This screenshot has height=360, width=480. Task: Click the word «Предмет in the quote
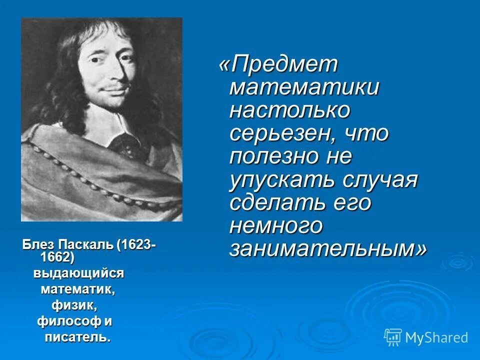tap(279, 65)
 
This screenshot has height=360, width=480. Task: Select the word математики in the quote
tap(304, 88)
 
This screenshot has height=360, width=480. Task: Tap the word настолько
tap(289, 110)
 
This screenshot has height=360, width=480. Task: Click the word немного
tap(276, 225)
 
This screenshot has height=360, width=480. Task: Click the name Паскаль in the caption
tap(86, 246)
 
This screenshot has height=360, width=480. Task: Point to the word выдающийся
tap(78, 273)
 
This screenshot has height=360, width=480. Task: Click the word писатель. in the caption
tap(77, 336)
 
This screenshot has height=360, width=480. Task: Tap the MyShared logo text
tap(436, 337)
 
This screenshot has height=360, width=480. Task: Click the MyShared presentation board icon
tap(393, 337)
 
